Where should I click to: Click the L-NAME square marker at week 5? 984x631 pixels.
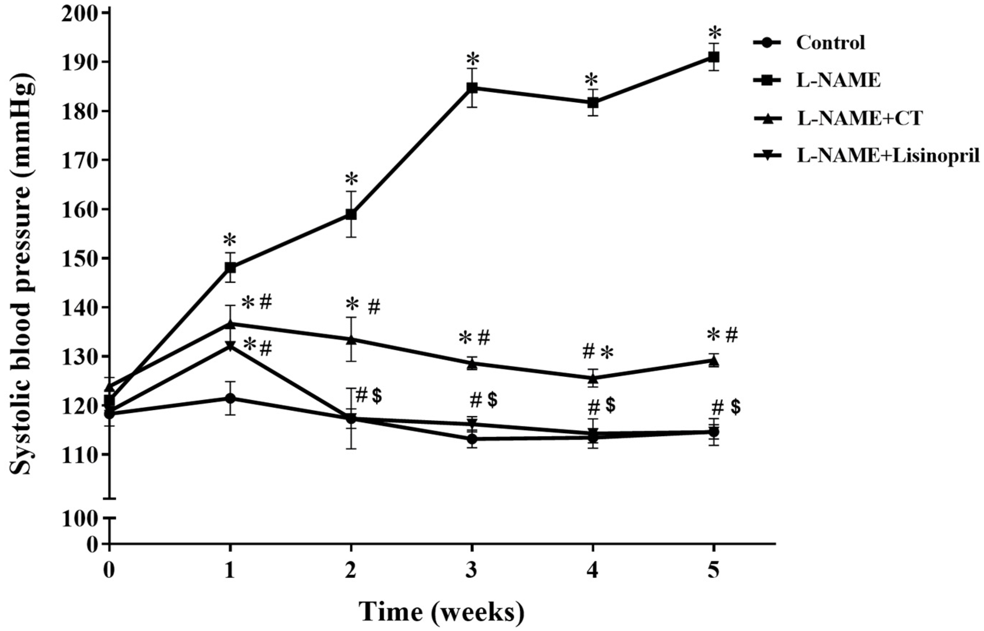pos(714,57)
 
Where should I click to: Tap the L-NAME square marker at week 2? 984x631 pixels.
pos(351,214)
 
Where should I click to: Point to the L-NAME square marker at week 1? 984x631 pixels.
pos(230,267)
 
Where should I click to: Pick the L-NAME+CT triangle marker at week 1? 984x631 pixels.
pos(230,324)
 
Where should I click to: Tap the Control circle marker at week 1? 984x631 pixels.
pos(230,398)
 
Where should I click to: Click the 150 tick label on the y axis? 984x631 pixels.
pos(77,258)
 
